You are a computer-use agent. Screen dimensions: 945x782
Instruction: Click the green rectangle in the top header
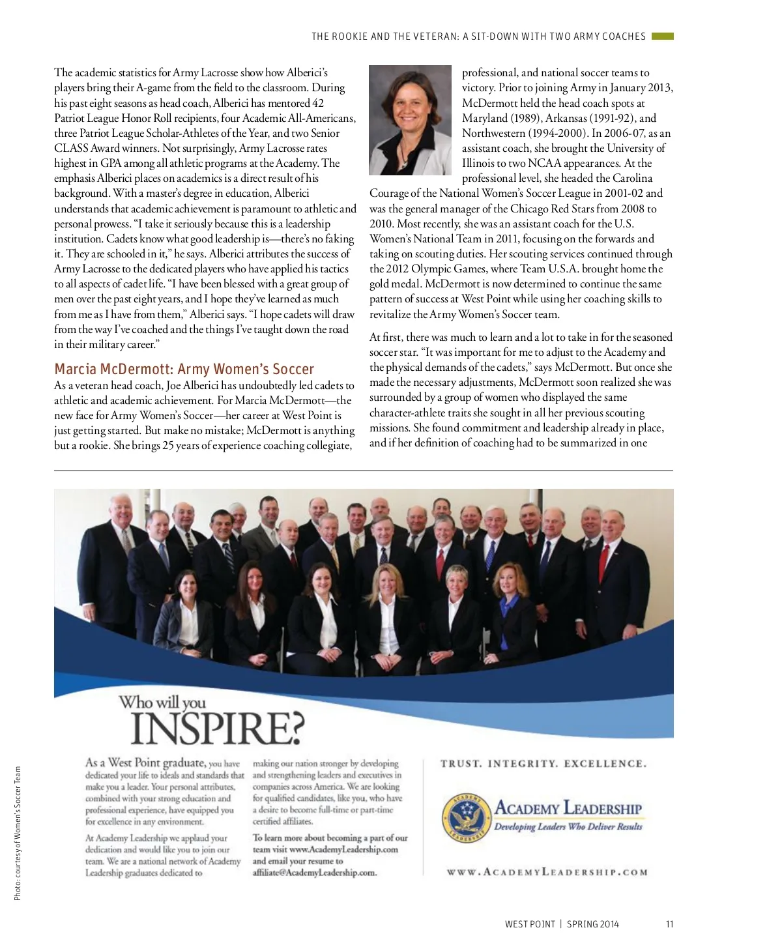(x=662, y=36)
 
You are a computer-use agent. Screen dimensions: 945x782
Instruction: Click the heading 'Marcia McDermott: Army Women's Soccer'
(x=184, y=369)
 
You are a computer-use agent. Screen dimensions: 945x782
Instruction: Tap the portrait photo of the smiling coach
(x=410, y=120)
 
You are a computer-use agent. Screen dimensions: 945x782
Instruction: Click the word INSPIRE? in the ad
(x=218, y=728)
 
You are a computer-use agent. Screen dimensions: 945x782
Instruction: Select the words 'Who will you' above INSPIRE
(x=162, y=703)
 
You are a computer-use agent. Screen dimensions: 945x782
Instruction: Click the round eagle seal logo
(x=465, y=818)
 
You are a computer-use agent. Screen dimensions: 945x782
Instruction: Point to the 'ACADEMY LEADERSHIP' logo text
(x=568, y=809)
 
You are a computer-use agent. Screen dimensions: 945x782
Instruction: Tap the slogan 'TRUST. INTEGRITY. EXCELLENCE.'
(x=543, y=764)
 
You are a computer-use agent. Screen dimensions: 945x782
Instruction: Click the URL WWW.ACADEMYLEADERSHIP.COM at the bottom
(x=547, y=872)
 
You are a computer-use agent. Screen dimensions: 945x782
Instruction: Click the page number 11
(x=669, y=924)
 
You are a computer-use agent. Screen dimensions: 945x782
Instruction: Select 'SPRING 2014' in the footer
(x=593, y=924)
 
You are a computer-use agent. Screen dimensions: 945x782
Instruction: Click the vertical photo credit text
(x=18, y=833)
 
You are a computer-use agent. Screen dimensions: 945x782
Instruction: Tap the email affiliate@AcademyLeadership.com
(x=315, y=873)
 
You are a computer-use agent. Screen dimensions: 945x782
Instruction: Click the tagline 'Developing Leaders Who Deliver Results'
(x=568, y=826)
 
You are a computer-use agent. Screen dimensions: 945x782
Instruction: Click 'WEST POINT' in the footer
(x=530, y=924)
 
